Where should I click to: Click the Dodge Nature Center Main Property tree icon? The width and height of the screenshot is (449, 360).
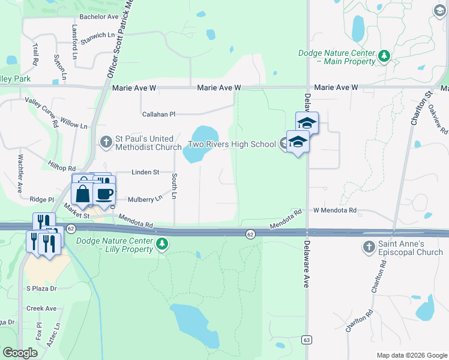(384, 57)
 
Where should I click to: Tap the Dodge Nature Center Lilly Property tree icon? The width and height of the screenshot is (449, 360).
(161, 244)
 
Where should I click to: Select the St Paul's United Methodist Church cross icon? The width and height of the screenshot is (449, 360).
(106, 142)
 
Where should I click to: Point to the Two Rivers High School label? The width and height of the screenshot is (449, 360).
(232, 144)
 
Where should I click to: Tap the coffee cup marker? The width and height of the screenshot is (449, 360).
(104, 194)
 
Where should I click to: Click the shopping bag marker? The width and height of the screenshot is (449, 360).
(82, 194)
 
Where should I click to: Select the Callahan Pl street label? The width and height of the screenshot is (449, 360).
(158, 114)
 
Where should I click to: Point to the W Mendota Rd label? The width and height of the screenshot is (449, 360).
(334, 211)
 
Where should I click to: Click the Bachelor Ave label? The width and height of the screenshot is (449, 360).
(99, 17)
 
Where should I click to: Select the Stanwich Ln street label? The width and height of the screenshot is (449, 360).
(98, 35)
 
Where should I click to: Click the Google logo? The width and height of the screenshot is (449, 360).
(20, 353)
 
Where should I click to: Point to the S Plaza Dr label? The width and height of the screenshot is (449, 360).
(41, 289)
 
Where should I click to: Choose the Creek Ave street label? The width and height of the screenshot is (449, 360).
(41, 308)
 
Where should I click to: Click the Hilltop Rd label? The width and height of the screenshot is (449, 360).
(62, 169)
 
